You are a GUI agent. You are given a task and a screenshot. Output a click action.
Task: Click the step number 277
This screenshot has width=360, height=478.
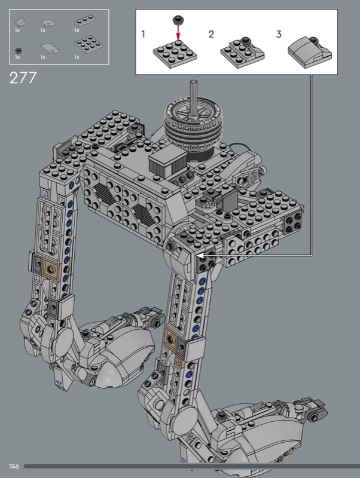23,78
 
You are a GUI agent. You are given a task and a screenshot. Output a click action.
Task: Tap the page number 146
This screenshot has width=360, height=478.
14,466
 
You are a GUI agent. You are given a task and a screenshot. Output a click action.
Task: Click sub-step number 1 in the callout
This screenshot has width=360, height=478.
143,34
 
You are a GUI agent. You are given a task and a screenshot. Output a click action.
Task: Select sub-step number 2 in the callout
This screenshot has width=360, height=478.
211,34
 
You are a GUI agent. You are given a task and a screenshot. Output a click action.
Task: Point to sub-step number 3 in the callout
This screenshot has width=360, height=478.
279,34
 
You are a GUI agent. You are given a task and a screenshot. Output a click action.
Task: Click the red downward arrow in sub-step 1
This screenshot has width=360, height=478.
178,32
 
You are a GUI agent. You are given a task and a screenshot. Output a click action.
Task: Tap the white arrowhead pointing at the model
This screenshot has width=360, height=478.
200,256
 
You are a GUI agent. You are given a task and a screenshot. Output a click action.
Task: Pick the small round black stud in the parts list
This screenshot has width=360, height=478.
19,51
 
